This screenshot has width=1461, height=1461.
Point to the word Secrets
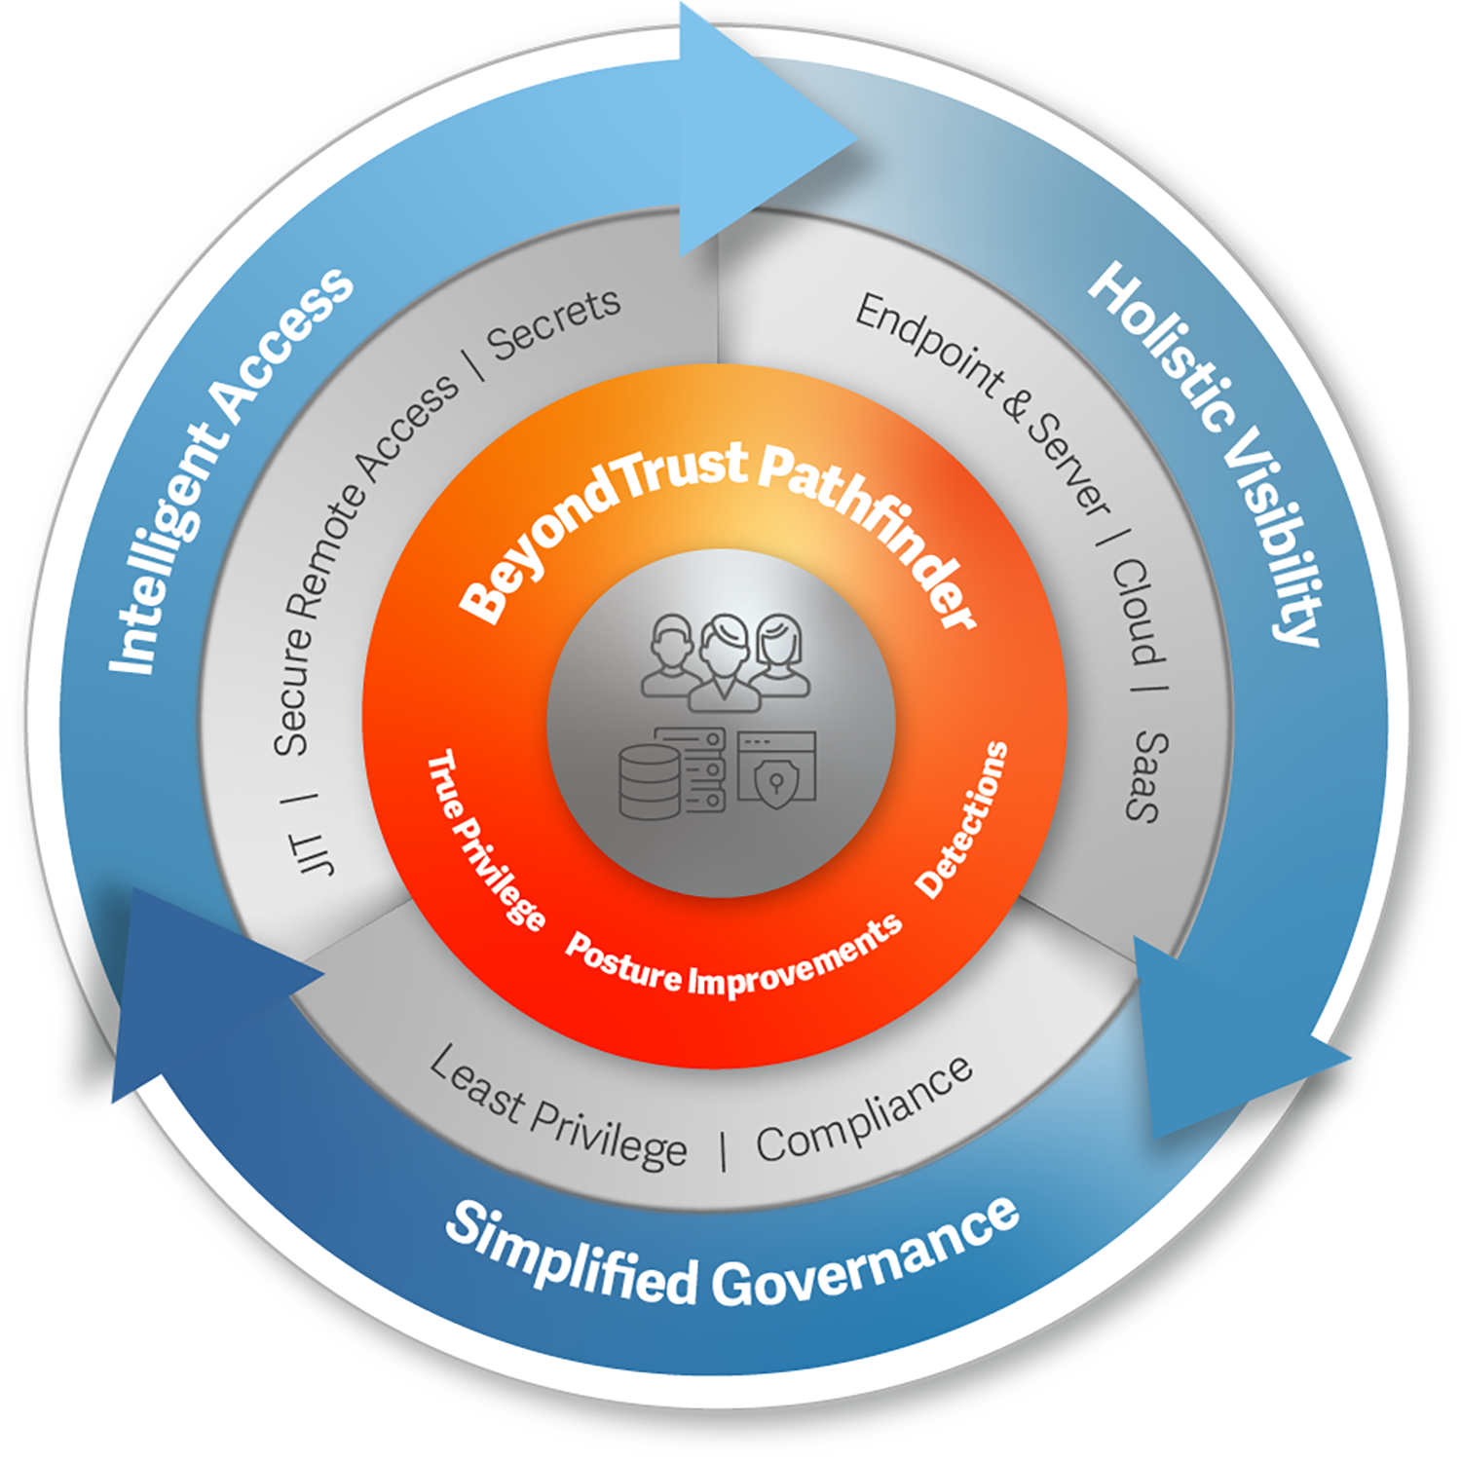pyautogui.click(x=553, y=324)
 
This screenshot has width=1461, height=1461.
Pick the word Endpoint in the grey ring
pyautogui.click(x=929, y=347)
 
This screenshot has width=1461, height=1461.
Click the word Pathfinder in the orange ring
pyautogui.click(x=867, y=531)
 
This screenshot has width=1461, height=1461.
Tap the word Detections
pyautogui.click(x=961, y=819)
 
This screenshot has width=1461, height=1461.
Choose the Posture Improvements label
pyautogui.click(x=734, y=958)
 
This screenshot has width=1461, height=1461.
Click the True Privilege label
pyautogui.click(x=485, y=840)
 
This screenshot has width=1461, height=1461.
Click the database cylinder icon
pyautogui.click(x=650, y=783)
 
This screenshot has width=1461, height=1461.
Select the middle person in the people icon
pyautogui.click(x=724, y=662)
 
